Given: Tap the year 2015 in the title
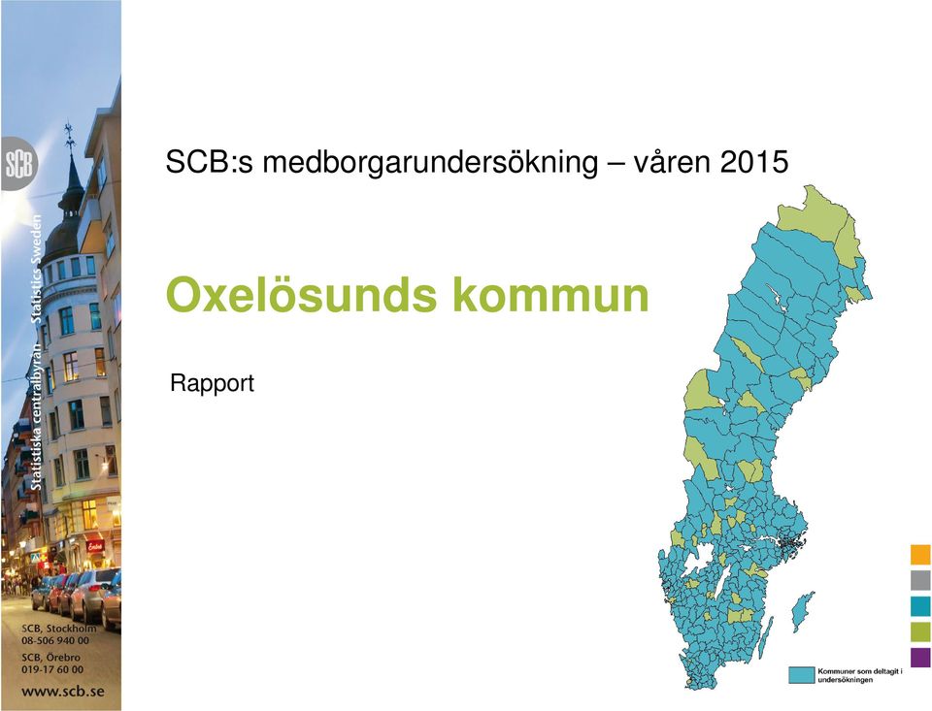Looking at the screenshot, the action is (x=755, y=162).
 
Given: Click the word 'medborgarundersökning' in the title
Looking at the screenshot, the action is (x=430, y=163).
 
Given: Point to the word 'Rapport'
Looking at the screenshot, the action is (x=212, y=384).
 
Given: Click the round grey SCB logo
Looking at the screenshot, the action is (x=19, y=164).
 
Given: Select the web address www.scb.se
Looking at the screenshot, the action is (x=63, y=692).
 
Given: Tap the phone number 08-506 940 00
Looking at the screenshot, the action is (x=55, y=640).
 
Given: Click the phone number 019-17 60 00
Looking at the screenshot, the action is (x=52, y=669).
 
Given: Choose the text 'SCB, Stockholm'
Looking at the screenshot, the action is (x=59, y=629).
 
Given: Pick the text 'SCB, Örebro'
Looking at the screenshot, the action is (x=50, y=658).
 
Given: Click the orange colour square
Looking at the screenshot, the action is (x=920, y=554).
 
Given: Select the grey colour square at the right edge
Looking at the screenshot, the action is (x=920, y=580).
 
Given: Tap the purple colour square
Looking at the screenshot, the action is (x=920, y=657).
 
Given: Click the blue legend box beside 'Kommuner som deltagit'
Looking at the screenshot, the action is (x=801, y=675).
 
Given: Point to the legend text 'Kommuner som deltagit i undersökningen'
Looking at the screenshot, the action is (x=860, y=675).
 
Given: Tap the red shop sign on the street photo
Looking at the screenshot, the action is (x=95, y=545).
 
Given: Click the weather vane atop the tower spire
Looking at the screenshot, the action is (x=70, y=136).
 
